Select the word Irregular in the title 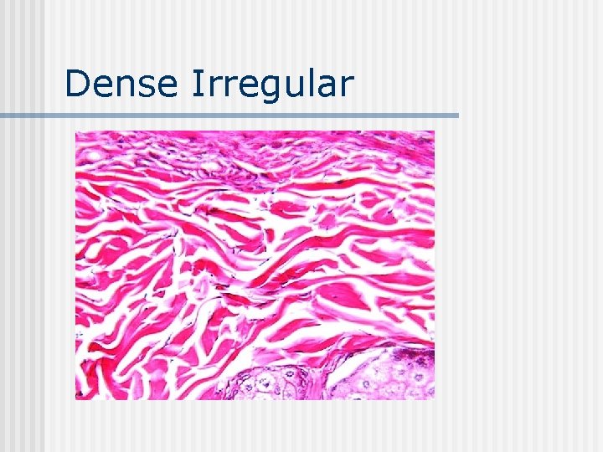[x=273, y=84]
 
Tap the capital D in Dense [x=77, y=84]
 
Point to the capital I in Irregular [x=198, y=84]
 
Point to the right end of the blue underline [x=456, y=116]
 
